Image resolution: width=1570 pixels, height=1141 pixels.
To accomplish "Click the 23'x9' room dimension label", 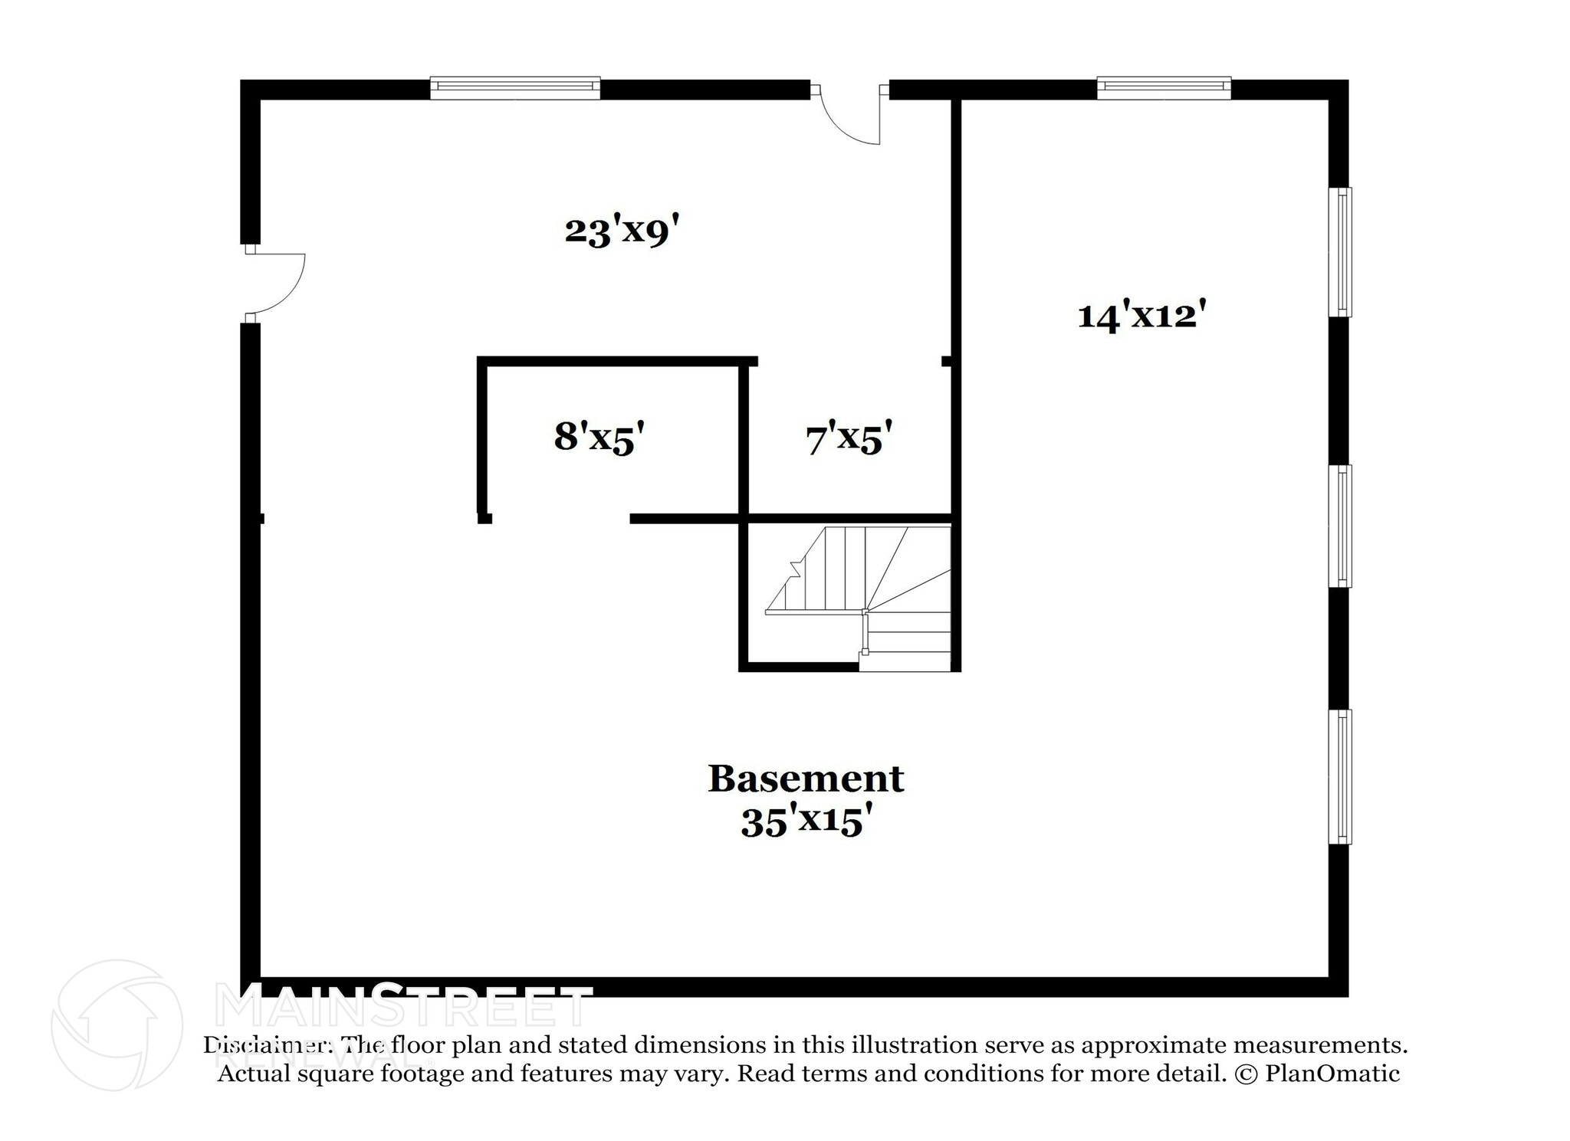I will point(622,231).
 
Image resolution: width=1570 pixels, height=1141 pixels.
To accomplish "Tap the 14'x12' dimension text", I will point(1137,315).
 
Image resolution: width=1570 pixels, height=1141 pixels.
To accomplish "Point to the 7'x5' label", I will point(849,439).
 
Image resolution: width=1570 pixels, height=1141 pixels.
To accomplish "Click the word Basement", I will point(806,779).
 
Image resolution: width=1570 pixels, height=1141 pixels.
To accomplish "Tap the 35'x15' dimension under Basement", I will point(806,823).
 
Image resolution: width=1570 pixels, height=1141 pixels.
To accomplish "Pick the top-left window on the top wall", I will point(514,88).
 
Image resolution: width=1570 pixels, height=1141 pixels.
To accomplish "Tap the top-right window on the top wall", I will point(1164,88).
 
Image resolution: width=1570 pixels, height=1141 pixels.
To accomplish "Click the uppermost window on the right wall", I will point(1340,251).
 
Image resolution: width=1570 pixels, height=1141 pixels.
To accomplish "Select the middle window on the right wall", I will point(1340,526).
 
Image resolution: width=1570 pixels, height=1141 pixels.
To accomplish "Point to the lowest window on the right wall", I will point(1340,776).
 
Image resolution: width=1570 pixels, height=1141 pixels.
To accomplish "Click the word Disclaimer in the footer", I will point(268,1045).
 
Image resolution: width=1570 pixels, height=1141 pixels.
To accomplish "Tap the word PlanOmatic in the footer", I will point(1332,1074).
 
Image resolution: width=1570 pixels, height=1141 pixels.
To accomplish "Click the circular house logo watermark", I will point(117,1025).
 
